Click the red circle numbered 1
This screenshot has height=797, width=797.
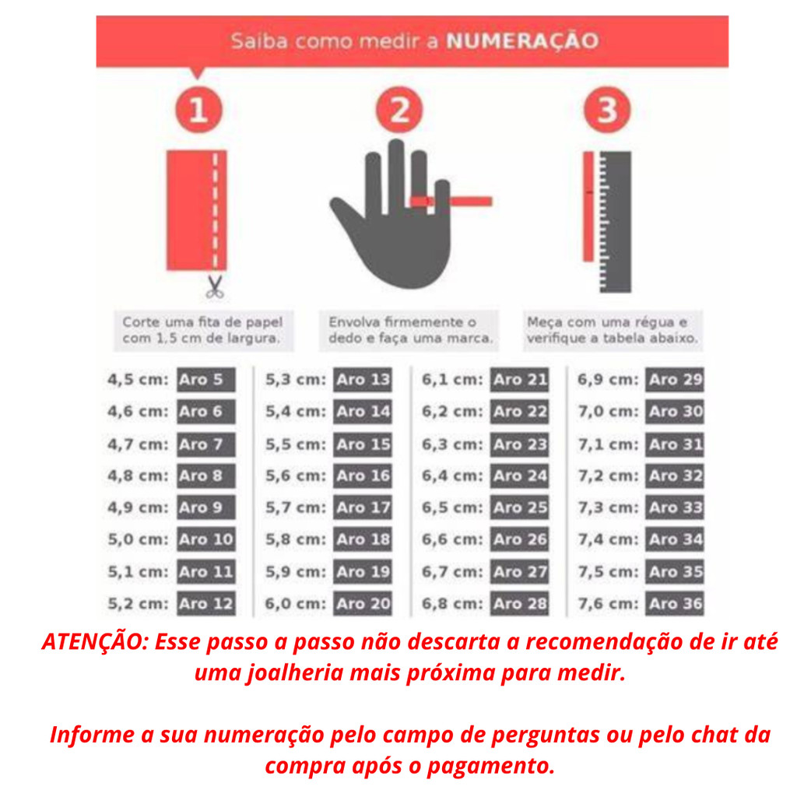[198, 110]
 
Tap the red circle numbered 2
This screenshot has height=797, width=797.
[399, 110]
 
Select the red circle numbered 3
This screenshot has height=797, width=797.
[607, 110]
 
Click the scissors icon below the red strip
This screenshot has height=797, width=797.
[215, 287]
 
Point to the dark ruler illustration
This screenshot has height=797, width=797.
[615, 222]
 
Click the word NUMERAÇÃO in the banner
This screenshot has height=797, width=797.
[522, 41]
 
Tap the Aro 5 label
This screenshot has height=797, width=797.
[205, 380]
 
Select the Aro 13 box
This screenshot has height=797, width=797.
[363, 380]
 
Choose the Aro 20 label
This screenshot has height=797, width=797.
[363, 604]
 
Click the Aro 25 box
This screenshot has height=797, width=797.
[519, 507]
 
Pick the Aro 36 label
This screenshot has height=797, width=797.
[675, 604]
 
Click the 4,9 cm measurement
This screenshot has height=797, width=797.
[138, 507]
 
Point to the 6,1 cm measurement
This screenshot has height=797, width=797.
[452, 380]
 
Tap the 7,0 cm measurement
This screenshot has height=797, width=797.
[608, 412]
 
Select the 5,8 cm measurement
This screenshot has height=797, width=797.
[295, 539]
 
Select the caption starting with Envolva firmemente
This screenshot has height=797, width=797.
[409, 330]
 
